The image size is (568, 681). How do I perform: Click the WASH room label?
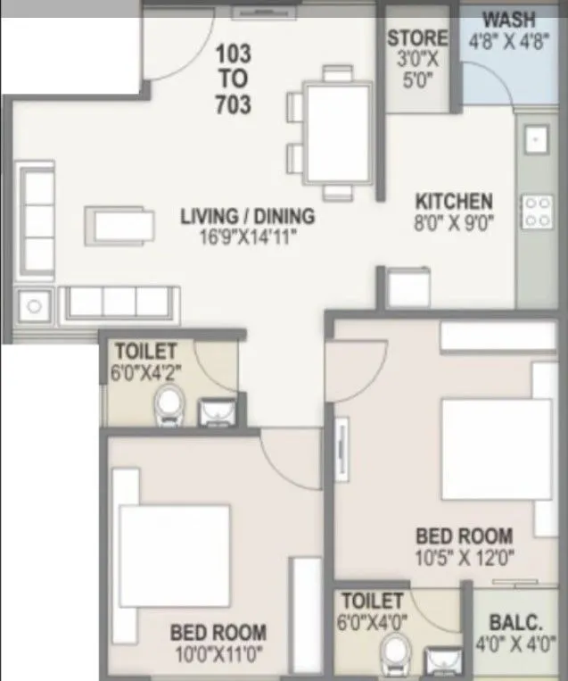tap(508, 19)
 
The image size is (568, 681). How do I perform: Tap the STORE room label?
tap(417, 38)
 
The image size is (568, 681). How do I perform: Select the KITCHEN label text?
tap(455, 201)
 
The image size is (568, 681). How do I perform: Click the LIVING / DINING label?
tap(247, 216)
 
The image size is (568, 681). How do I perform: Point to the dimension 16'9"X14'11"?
tap(247, 237)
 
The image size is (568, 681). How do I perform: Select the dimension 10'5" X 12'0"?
tap(465, 559)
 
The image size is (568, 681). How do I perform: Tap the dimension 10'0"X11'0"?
tap(218, 654)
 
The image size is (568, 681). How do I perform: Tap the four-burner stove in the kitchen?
tap(537, 212)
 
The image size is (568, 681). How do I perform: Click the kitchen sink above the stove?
tap(537, 140)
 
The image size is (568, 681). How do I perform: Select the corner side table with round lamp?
tap(35, 305)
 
